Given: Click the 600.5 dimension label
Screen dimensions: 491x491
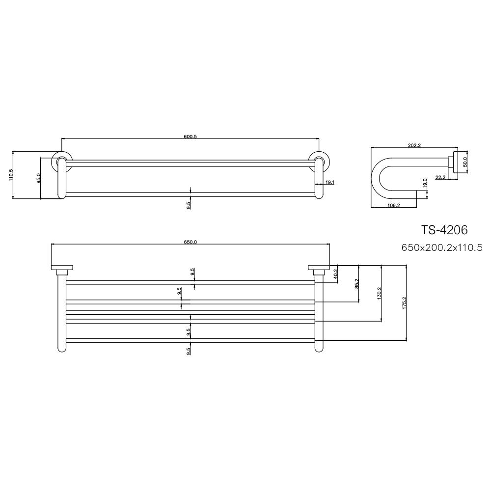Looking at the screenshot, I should pos(190,137).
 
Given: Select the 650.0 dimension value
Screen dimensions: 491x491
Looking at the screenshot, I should pos(190,242).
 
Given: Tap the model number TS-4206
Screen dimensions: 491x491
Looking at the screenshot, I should pos(444,230).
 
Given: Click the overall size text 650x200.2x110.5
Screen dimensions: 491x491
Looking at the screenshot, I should pos(442,248).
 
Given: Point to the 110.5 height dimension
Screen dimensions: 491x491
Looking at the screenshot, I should pos(11,175).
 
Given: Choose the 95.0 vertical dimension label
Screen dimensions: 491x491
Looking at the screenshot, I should pos(39,178).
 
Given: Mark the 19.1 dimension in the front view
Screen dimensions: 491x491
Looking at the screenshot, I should pos(330,182).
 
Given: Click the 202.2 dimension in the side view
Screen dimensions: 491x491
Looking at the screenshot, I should pos(415,145).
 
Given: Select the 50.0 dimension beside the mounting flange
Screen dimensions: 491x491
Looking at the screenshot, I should pos(465,162).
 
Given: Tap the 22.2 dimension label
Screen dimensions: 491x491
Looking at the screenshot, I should pos(440,177).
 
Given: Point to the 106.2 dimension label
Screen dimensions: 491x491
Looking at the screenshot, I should pos(394,205).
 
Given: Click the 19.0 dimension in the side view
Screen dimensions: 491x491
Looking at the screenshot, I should pos(425,183).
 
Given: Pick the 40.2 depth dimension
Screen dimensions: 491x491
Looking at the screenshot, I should pos(336,273).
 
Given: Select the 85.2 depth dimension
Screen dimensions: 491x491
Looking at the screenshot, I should pos(357,284).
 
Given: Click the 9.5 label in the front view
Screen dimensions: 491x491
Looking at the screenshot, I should pos(189,204).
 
